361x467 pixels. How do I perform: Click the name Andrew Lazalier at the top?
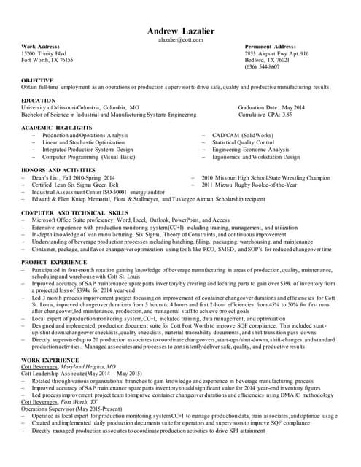[180, 31]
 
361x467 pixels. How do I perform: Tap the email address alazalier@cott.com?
[180, 39]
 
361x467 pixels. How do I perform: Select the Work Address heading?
[40, 47]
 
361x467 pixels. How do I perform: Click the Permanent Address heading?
[270, 47]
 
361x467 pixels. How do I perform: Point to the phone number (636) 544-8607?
[262, 66]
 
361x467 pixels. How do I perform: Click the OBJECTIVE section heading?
[37, 80]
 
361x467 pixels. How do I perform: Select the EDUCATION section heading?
[38, 101]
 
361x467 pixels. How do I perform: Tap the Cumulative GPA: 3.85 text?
[265, 115]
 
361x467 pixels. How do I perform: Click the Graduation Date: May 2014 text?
[271, 107]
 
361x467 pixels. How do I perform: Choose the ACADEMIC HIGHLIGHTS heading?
[57, 128]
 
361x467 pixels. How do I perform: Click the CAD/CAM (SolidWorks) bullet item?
[243, 136]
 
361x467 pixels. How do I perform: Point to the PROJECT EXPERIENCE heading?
[54, 262]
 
